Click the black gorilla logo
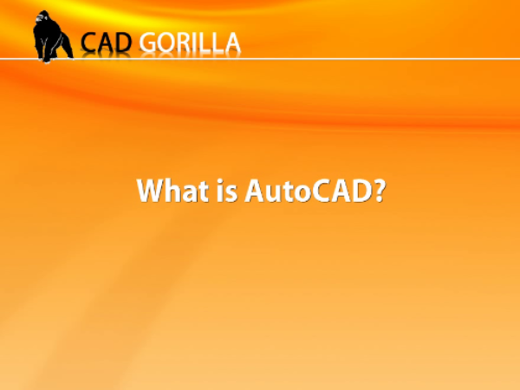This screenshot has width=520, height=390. pyautogui.click(x=52, y=36)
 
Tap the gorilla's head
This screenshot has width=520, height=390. pyautogui.click(x=42, y=17)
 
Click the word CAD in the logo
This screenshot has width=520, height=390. pyautogui.click(x=106, y=42)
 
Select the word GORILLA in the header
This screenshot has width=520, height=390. pyautogui.click(x=190, y=42)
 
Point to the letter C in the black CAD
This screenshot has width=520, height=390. pyautogui.click(x=88, y=42)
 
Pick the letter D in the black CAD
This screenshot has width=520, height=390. pyautogui.click(x=123, y=42)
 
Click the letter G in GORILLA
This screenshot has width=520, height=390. pyautogui.click(x=147, y=42)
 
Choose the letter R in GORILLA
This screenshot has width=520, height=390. pyautogui.click(x=185, y=42)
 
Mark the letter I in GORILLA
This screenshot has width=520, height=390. pyautogui.click(x=198, y=42)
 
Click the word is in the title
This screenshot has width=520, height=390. pyautogui.click(x=227, y=190)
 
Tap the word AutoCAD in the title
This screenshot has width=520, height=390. pyautogui.click(x=308, y=191)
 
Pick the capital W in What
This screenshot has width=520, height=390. pyautogui.click(x=152, y=190)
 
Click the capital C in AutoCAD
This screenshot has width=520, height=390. pyautogui.click(x=322, y=191)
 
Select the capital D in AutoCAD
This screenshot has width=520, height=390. pyautogui.click(x=361, y=190)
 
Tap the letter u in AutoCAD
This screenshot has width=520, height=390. pyautogui.click(x=273, y=193)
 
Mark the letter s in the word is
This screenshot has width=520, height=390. pyautogui.click(x=231, y=193)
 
